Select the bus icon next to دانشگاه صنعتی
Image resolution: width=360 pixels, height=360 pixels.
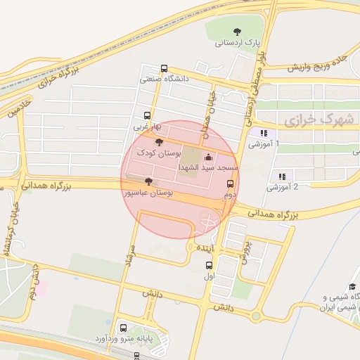pyautogui.click(x=164, y=69)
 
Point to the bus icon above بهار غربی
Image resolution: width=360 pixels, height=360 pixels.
pyautogui.click(x=147, y=116)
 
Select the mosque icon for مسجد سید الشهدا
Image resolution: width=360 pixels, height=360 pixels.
pyautogui.click(x=207, y=157)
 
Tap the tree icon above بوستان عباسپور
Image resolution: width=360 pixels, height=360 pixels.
pyautogui.click(x=146, y=181)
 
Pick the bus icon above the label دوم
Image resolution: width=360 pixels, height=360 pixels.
pyautogui.click(x=230, y=184)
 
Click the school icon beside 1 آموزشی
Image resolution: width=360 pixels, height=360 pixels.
pyautogui.click(x=263, y=133)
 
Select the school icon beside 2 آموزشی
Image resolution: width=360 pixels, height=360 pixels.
pyautogui.click(x=281, y=176)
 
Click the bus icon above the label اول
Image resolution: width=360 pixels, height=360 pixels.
pyautogui.click(x=209, y=266)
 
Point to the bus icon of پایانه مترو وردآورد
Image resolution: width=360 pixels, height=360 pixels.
pyautogui.click(x=124, y=328)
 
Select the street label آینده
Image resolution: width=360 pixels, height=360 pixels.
pyautogui.click(x=205, y=248)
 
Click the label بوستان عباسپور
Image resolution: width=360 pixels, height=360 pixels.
pyautogui.click(x=147, y=192)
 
